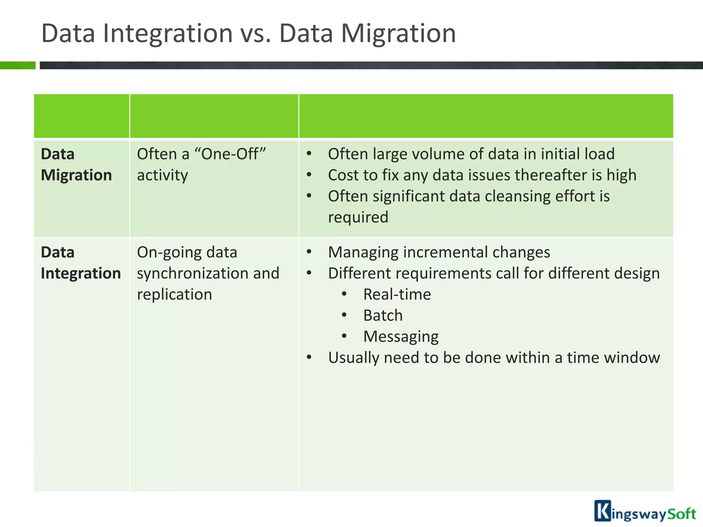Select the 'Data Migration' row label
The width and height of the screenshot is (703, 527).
click(76, 165)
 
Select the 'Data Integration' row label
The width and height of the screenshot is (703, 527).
click(80, 263)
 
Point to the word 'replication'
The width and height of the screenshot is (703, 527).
click(174, 295)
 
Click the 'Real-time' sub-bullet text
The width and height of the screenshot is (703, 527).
click(397, 295)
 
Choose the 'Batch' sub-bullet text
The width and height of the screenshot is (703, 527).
click(383, 316)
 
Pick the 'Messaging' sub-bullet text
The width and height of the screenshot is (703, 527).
click(401, 337)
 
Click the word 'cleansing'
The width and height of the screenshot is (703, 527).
click(517, 196)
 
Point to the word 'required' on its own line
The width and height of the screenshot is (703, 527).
click(358, 218)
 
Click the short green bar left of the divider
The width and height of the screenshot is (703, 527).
click(18, 65)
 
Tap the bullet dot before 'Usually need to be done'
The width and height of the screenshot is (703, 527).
click(309, 358)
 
